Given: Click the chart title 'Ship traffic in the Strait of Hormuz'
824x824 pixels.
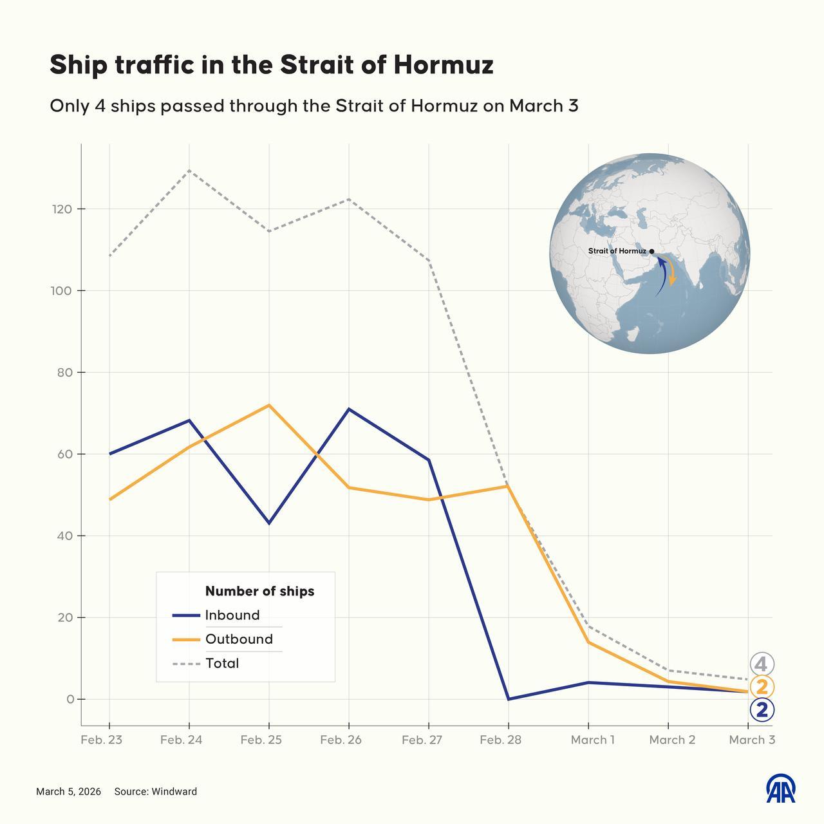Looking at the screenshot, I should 271,65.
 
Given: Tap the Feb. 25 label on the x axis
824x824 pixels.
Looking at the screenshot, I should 261,740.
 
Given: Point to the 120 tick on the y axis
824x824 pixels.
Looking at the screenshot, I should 64,209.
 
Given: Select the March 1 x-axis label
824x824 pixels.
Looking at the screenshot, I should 592,740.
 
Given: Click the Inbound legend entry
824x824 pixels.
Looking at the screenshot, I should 232,615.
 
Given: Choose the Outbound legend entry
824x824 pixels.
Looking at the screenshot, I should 238,639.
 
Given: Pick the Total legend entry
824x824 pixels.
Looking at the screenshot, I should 221,663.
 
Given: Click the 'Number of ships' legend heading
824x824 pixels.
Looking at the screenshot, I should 259,591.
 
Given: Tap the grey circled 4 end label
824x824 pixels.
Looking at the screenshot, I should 762,664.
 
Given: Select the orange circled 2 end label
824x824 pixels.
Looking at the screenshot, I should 762,687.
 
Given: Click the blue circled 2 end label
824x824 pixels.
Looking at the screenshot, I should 762,710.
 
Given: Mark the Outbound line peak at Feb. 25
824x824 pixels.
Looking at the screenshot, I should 269,405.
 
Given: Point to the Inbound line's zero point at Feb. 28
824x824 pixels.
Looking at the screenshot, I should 509,699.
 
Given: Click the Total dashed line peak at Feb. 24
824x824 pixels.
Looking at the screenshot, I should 189,171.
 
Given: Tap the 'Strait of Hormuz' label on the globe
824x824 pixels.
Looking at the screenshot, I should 617,251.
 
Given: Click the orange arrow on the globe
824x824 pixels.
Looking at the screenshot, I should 671,274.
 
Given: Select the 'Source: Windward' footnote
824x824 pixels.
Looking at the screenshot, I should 155,792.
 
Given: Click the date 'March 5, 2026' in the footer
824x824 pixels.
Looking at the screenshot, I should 68,792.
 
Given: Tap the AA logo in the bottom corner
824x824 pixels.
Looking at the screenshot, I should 780,789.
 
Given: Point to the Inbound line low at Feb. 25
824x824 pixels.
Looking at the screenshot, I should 269,523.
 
